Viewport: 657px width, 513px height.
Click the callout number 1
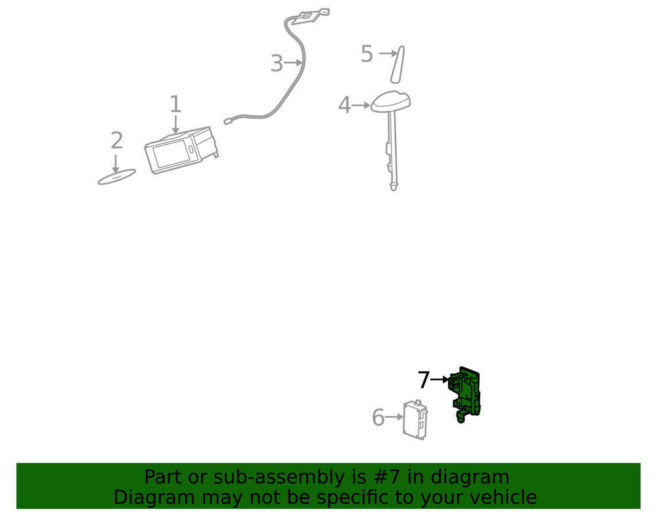pos(175,104)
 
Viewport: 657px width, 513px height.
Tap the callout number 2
pos(116,141)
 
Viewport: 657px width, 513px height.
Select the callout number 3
pos(277,64)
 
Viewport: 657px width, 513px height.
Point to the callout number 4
pos(344,105)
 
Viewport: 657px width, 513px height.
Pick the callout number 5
pos(367,55)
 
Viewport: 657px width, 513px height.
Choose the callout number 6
pos(378,418)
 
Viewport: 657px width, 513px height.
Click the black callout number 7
pos(424,380)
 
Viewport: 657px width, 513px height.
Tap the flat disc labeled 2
pos(116,177)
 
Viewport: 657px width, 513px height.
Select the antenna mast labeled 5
pos(397,64)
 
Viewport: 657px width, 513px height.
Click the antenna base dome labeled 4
pos(391,101)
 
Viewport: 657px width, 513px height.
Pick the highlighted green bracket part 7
pos(466,393)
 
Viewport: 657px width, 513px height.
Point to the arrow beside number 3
pos(294,63)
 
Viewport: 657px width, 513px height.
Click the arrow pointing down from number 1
pos(175,125)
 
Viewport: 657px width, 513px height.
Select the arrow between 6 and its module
pos(394,417)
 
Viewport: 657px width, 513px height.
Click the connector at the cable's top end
pos(313,14)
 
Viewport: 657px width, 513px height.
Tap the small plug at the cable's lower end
pos(228,121)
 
